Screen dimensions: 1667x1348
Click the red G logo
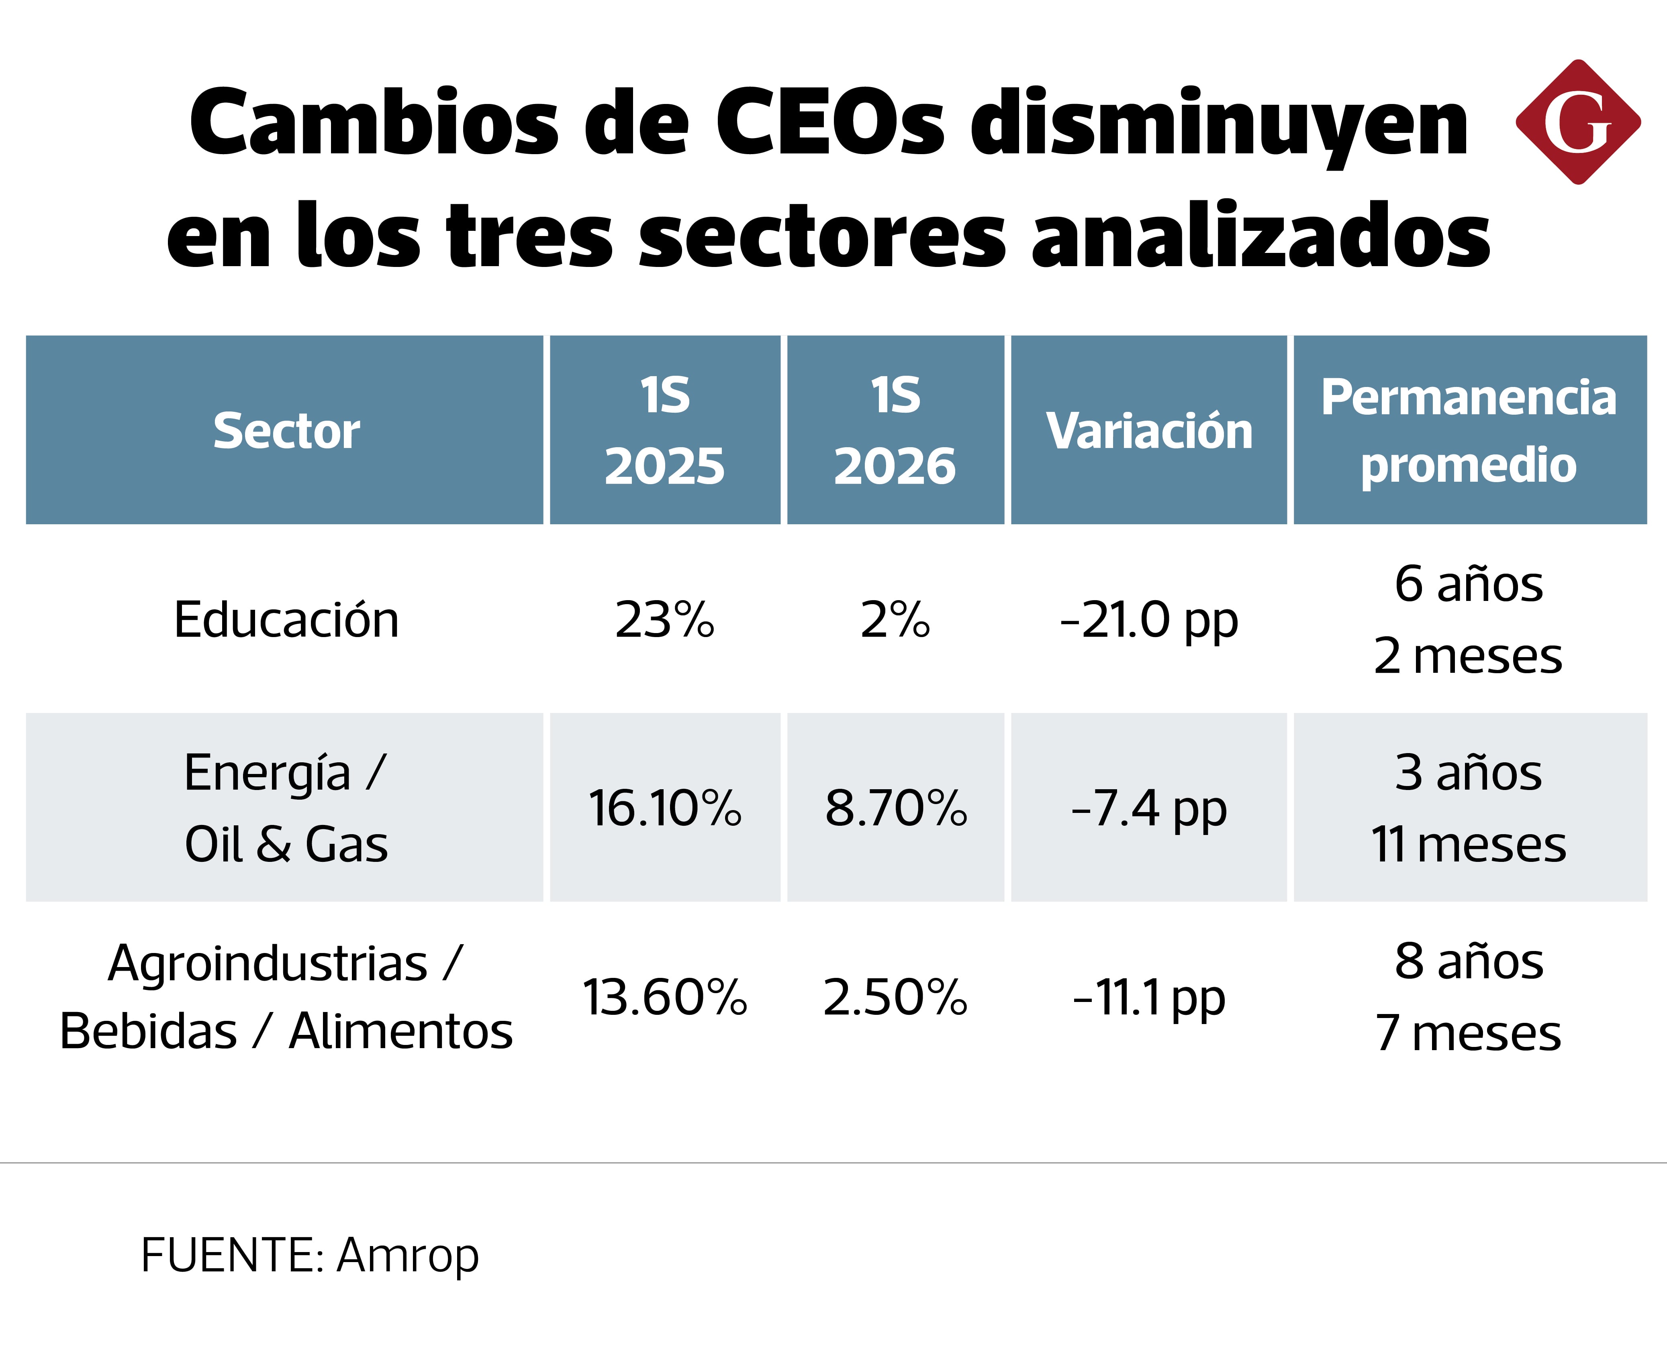[1578, 122]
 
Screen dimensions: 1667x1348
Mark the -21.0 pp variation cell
[1149, 621]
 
